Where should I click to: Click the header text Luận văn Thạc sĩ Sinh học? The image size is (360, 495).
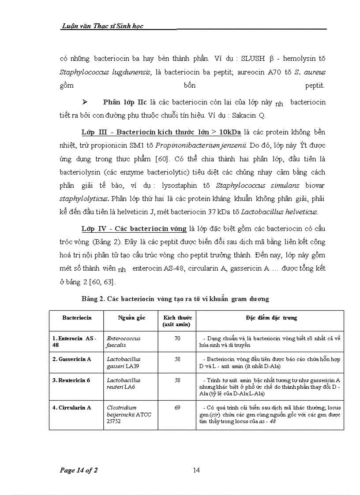(x=102, y=26)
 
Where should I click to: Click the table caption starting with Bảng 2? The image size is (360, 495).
(x=175, y=299)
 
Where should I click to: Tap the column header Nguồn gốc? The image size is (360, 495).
(x=131, y=317)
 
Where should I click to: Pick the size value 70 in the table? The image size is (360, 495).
(x=177, y=338)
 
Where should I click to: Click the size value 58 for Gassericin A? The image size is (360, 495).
(x=177, y=359)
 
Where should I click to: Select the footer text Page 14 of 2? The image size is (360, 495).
(x=79, y=470)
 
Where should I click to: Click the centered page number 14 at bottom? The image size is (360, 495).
(x=196, y=470)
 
